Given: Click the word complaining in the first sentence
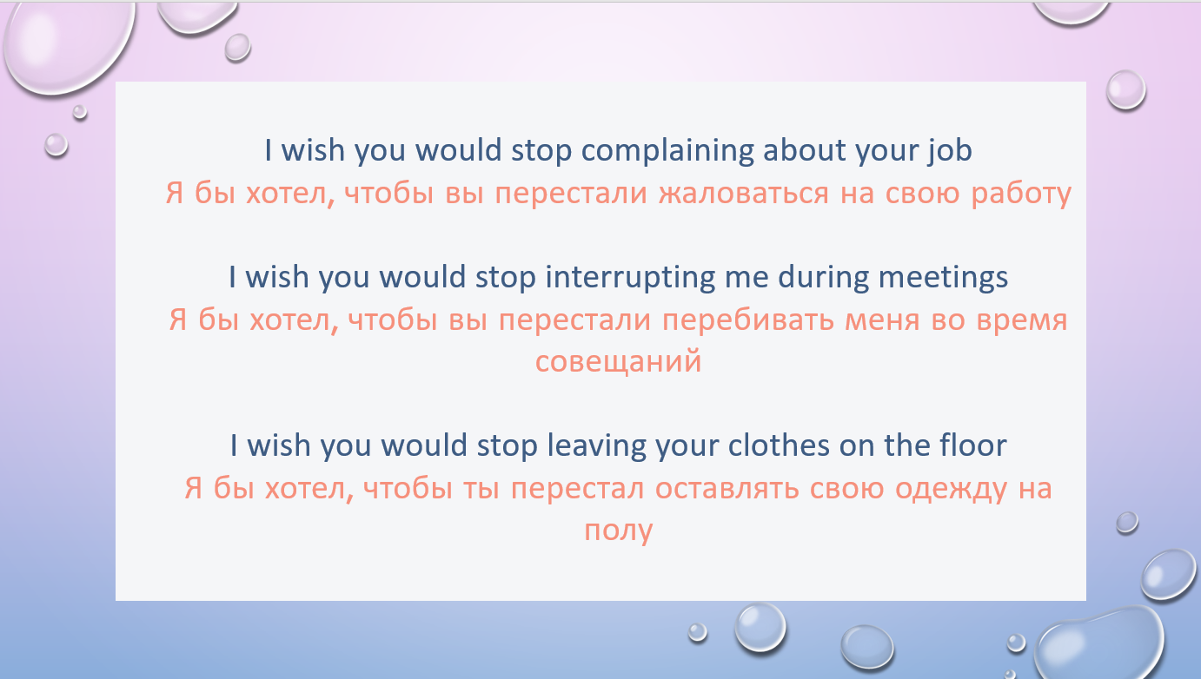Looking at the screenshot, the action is pos(667,151).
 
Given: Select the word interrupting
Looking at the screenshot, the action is pos(631,278).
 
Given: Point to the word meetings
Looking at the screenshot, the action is pos(943,278).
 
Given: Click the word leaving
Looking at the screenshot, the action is pos(596,446).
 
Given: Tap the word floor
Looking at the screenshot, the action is pos(972,445).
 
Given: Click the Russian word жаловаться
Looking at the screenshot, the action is pos(744,194).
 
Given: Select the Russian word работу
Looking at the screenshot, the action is pos(1021,194).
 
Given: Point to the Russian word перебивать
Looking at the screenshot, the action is pos(748,320).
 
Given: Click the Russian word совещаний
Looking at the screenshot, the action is pos(618,360).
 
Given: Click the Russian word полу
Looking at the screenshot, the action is pos(619,531).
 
